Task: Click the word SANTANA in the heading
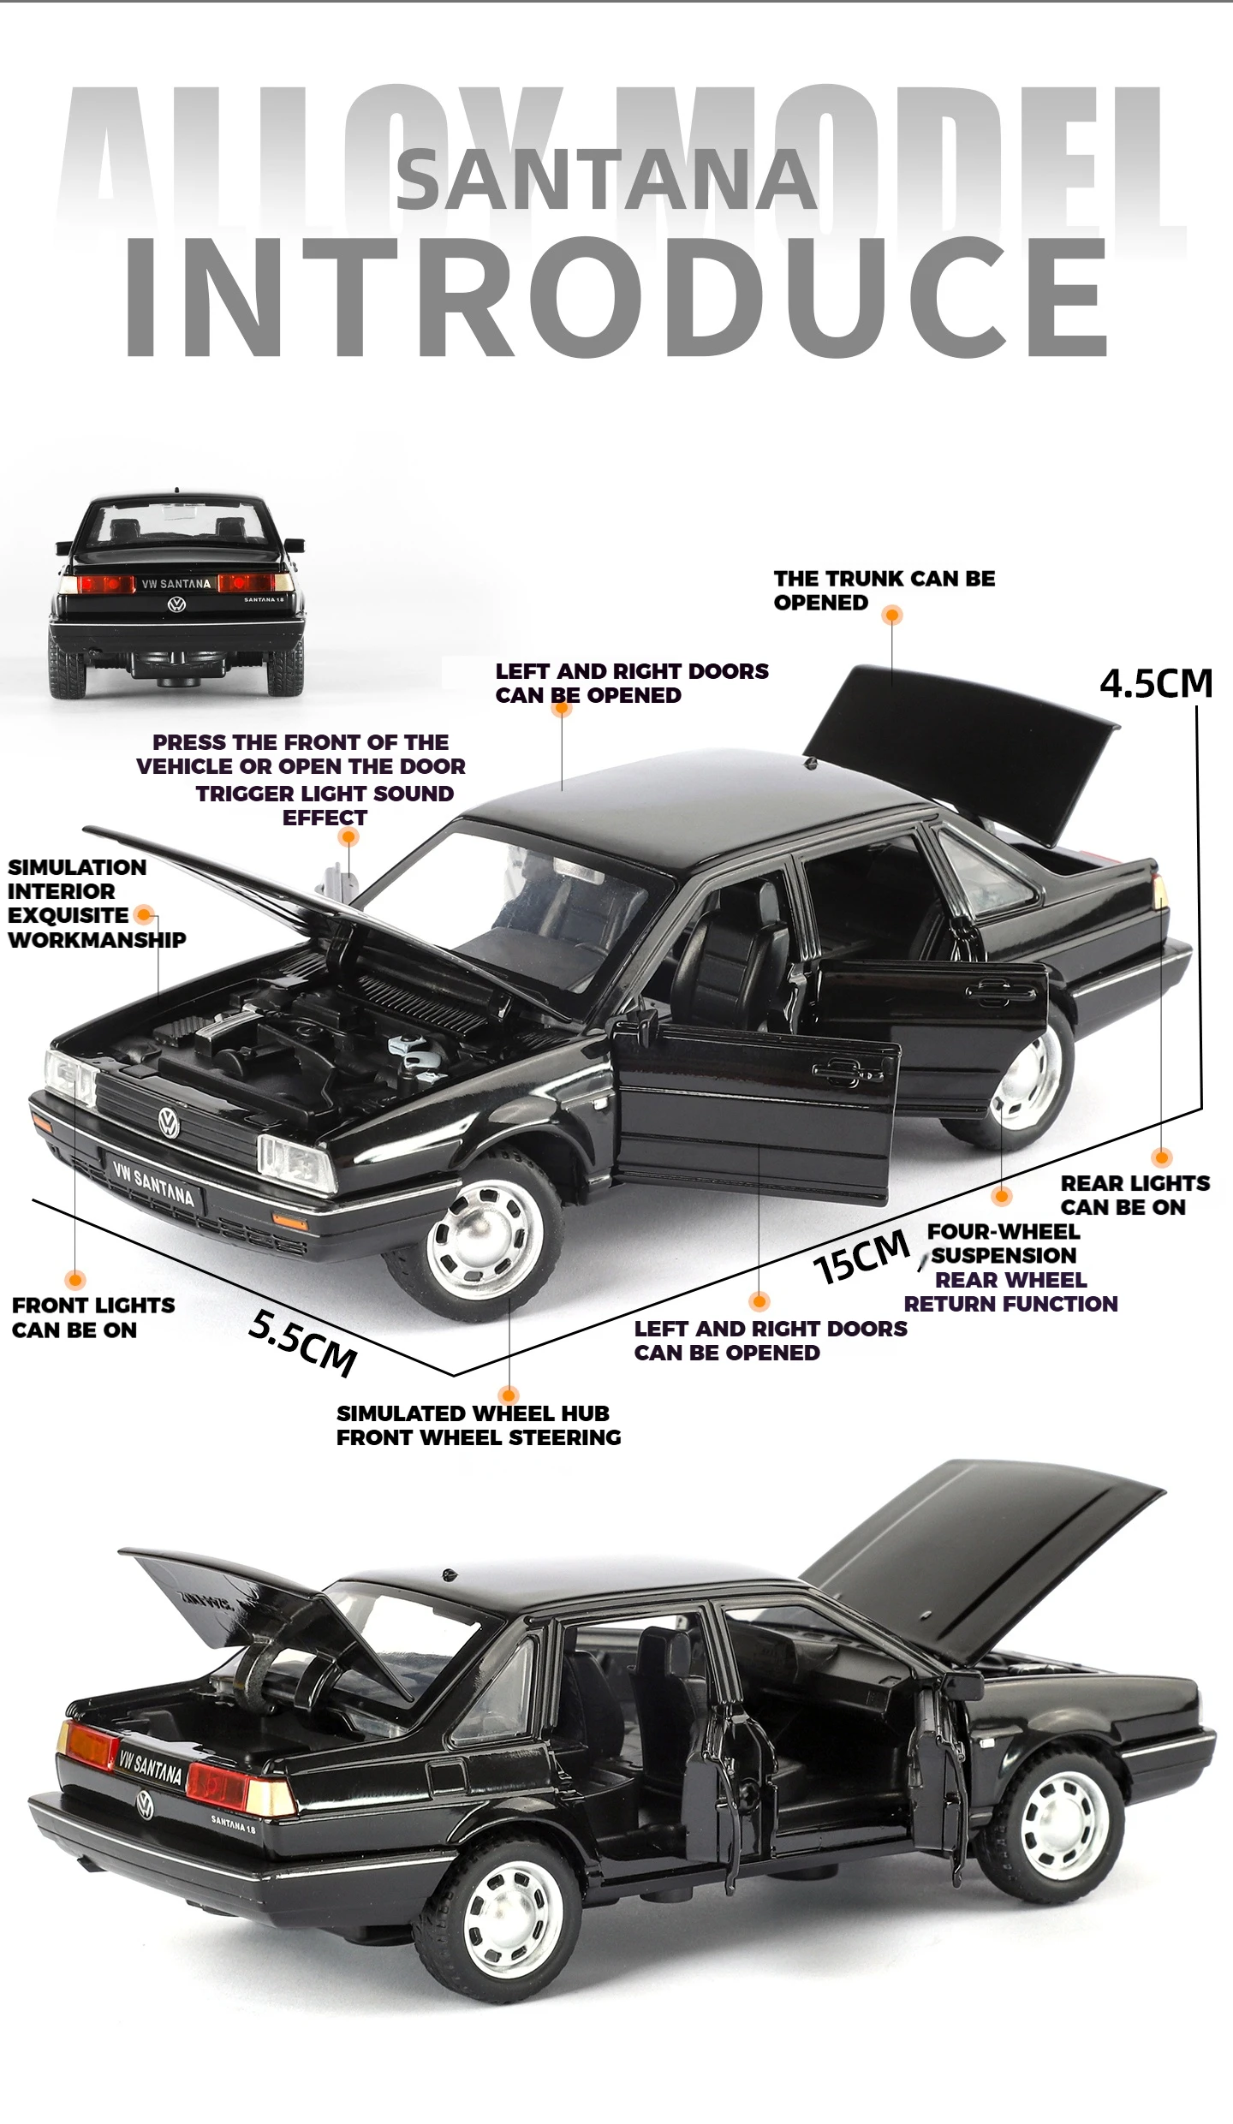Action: coord(606,180)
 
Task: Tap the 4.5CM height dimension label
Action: coord(1156,683)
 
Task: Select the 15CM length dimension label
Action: coord(861,1258)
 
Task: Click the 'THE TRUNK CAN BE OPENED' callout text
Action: coord(884,590)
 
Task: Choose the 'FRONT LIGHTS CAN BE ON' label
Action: coord(92,1317)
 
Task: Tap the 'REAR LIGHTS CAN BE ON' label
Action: coord(1135,1194)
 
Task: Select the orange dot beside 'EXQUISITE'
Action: coord(145,915)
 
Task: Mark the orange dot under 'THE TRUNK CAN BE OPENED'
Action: coord(892,615)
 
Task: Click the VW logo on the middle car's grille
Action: coord(169,1122)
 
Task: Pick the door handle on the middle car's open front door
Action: coord(844,1069)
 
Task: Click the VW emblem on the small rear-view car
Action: coord(177,604)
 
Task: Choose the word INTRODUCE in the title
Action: coord(616,295)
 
